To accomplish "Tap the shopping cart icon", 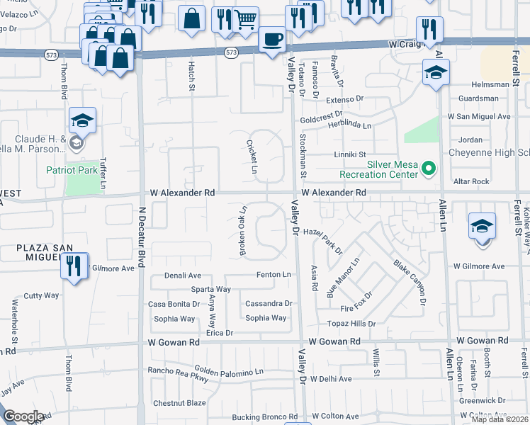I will [x=245, y=21].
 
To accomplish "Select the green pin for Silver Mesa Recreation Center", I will [x=428, y=169].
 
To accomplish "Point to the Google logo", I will [x=23, y=416].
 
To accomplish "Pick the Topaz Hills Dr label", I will [x=351, y=323].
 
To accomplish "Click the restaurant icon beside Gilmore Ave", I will [x=73, y=266].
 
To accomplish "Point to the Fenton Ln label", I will [x=274, y=275].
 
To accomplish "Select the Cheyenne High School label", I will [x=489, y=153].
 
